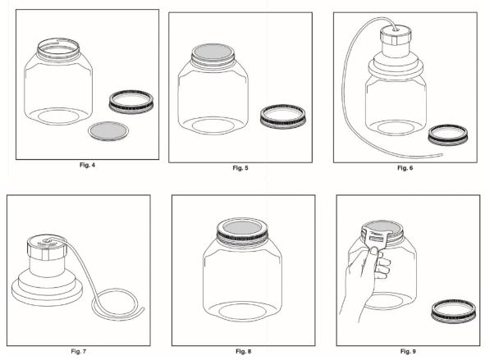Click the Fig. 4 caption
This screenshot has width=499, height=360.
tap(87, 165)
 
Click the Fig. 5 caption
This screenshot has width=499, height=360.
tap(240, 168)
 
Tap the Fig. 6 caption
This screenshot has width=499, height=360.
tap(405, 167)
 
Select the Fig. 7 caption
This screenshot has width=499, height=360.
tap(78, 352)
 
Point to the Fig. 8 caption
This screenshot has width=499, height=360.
tap(244, 352)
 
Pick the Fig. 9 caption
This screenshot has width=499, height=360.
tap(408, 352)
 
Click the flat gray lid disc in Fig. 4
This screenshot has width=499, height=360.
tap(108, 131)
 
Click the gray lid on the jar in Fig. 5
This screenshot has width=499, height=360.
tap(213, 52)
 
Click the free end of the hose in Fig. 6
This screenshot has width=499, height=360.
tap(441, 155)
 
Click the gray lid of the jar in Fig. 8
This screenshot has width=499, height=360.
tap(242, 228)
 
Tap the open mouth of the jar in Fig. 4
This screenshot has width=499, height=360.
tap(58, 46)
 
